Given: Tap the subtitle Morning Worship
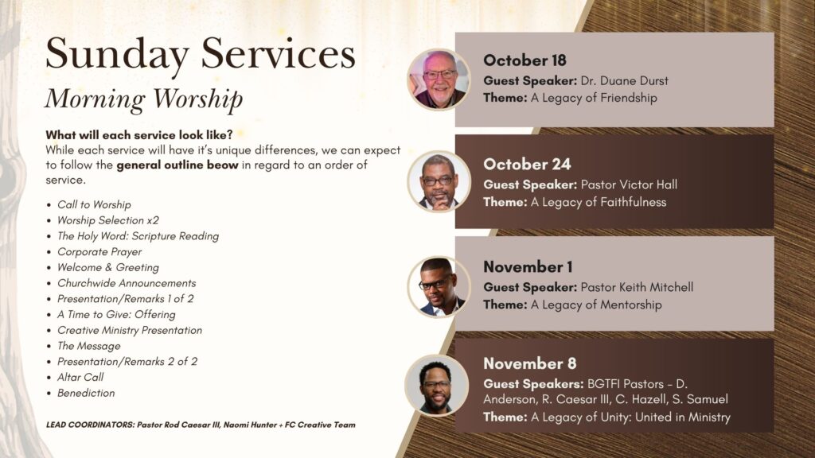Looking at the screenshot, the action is point(144,99).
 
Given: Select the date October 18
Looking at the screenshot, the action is point(524,60).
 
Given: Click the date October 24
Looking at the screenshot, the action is point(527,164).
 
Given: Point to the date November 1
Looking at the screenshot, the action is point(528,267).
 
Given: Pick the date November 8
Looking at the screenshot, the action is point(529,363).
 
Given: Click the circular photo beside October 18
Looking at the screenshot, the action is point(439,80).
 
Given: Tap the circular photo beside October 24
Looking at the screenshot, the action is point(439,182).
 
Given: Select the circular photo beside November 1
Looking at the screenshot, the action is point(439,286).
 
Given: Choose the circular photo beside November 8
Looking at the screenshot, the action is point(437,386).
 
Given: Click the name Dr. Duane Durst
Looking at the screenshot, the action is point(624,81).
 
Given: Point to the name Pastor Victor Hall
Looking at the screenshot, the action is point(629,184).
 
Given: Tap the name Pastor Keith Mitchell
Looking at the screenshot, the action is point(637,287).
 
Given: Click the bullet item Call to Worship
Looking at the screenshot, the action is point(94,204).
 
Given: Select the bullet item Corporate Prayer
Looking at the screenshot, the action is point(99,252).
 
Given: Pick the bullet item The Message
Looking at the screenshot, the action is point(89,346).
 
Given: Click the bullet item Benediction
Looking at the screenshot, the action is point(86,393).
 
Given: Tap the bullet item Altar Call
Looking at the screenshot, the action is point(80,378).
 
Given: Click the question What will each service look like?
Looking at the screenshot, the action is point(138,135).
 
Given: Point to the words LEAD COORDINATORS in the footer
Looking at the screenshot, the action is point(90,425).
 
